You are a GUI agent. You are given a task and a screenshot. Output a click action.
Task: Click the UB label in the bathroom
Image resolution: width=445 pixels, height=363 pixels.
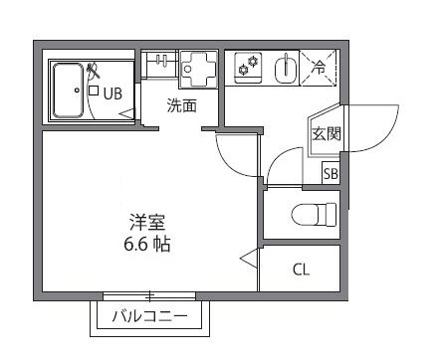pos(111,95)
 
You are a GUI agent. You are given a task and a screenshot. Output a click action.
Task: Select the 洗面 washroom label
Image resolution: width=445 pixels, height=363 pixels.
pos(180,106)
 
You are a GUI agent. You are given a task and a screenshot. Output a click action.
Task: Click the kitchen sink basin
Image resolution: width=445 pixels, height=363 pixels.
pos(284,70)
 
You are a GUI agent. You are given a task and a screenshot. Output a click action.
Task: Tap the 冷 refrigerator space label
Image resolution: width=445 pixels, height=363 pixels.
pos(320,69)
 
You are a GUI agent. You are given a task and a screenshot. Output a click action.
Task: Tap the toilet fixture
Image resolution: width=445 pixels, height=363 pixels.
pos(313,214)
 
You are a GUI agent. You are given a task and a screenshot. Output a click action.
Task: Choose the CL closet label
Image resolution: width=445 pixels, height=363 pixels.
pos(301,270)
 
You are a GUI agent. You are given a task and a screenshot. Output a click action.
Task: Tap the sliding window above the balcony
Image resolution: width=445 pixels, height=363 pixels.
pos(149,295)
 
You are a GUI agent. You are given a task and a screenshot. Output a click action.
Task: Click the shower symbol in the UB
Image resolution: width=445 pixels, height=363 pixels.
pos(94,73)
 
